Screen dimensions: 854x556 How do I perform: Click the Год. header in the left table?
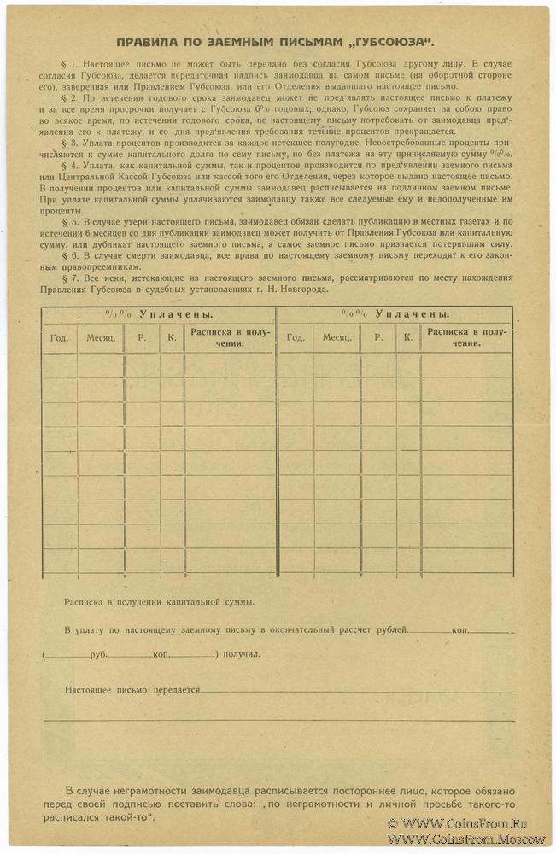(60, 337)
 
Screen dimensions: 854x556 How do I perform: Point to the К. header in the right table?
(407, 337)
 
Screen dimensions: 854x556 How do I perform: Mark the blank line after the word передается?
(359, 691)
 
